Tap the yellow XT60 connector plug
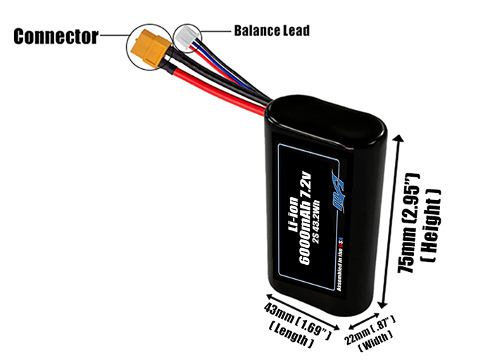click(x=150, y=46)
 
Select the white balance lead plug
click(x=187, y=36)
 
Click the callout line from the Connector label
click(x=113, y=32)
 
